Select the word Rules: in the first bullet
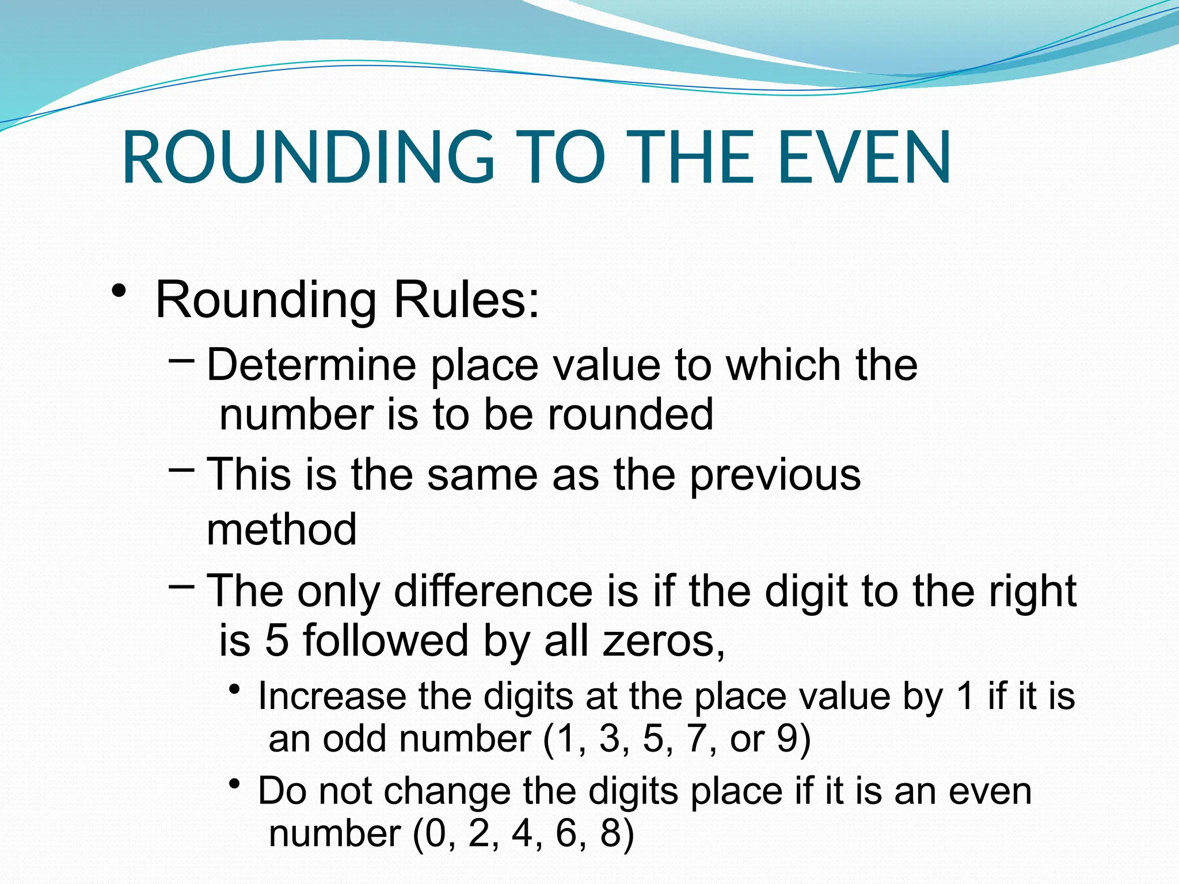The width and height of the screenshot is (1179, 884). click(x=466, y=300)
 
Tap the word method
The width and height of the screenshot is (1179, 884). click(x=282, y=529)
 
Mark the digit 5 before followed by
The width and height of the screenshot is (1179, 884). click(x=276, y=641)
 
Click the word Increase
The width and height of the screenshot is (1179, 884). click(x=331, y=696)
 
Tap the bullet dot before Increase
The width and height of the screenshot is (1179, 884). click(x=234, y=689)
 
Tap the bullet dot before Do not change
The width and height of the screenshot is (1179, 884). click(x=234, y=784)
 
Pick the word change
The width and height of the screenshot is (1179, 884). click(x=447, y=792)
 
